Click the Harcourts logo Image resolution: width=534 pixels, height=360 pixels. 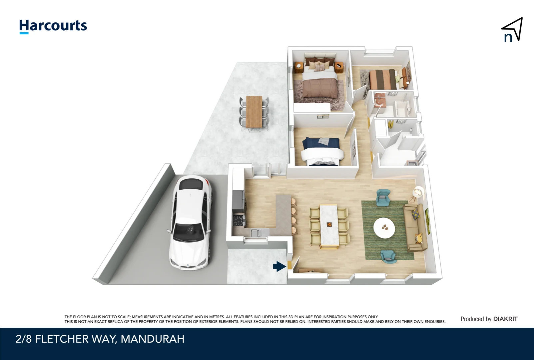click(x=53, y=26)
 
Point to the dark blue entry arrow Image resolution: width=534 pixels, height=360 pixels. click(x=279, y=266)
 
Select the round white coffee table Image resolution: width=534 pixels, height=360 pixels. click(x=384, y=228)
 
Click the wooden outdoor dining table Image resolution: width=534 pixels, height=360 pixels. click(x=254, y=111)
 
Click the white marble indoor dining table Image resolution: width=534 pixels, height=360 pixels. click(x=329, y=225)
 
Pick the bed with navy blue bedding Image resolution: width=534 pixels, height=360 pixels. click(x=322, y=152)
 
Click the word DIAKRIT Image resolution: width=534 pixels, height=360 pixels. click(x=505, y=319)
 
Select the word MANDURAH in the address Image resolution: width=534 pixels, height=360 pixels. click(x=152, y=339)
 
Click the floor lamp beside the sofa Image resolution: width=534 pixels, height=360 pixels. click(x=418, y=192)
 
